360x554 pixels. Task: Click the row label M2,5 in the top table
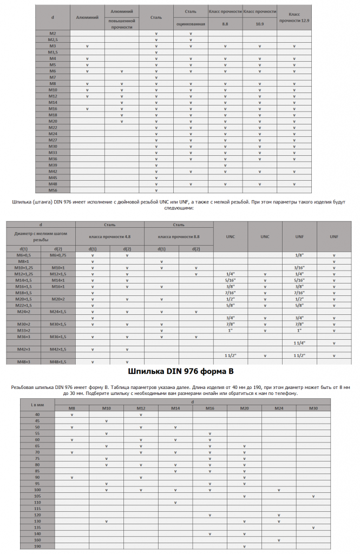pyautogui.click(x=53, y=39)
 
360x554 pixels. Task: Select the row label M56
pyautogui.click(x=53, y=190)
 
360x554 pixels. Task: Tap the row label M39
pyautogui.click(x=53, y=165)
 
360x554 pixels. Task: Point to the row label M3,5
pyautogui.click(x=53, y=52)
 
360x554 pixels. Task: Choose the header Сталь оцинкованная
pyautogui.click(x=191, y=18)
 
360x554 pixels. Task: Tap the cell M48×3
pyautogui.click(x=23, y=361)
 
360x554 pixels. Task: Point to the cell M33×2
pyautogui.click(x=23, y=330)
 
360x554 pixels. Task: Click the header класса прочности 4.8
pyautogui.click(x=110, y=236)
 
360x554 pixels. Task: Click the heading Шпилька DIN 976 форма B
pyautogui.click(x=180, y=372)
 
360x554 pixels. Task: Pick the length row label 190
pyautogui.click(x=37, y=546)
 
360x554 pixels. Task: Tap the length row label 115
pyautogui.click(x=37, y=509)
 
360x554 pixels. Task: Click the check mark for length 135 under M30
pyautogui.click(x=313, y=527)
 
